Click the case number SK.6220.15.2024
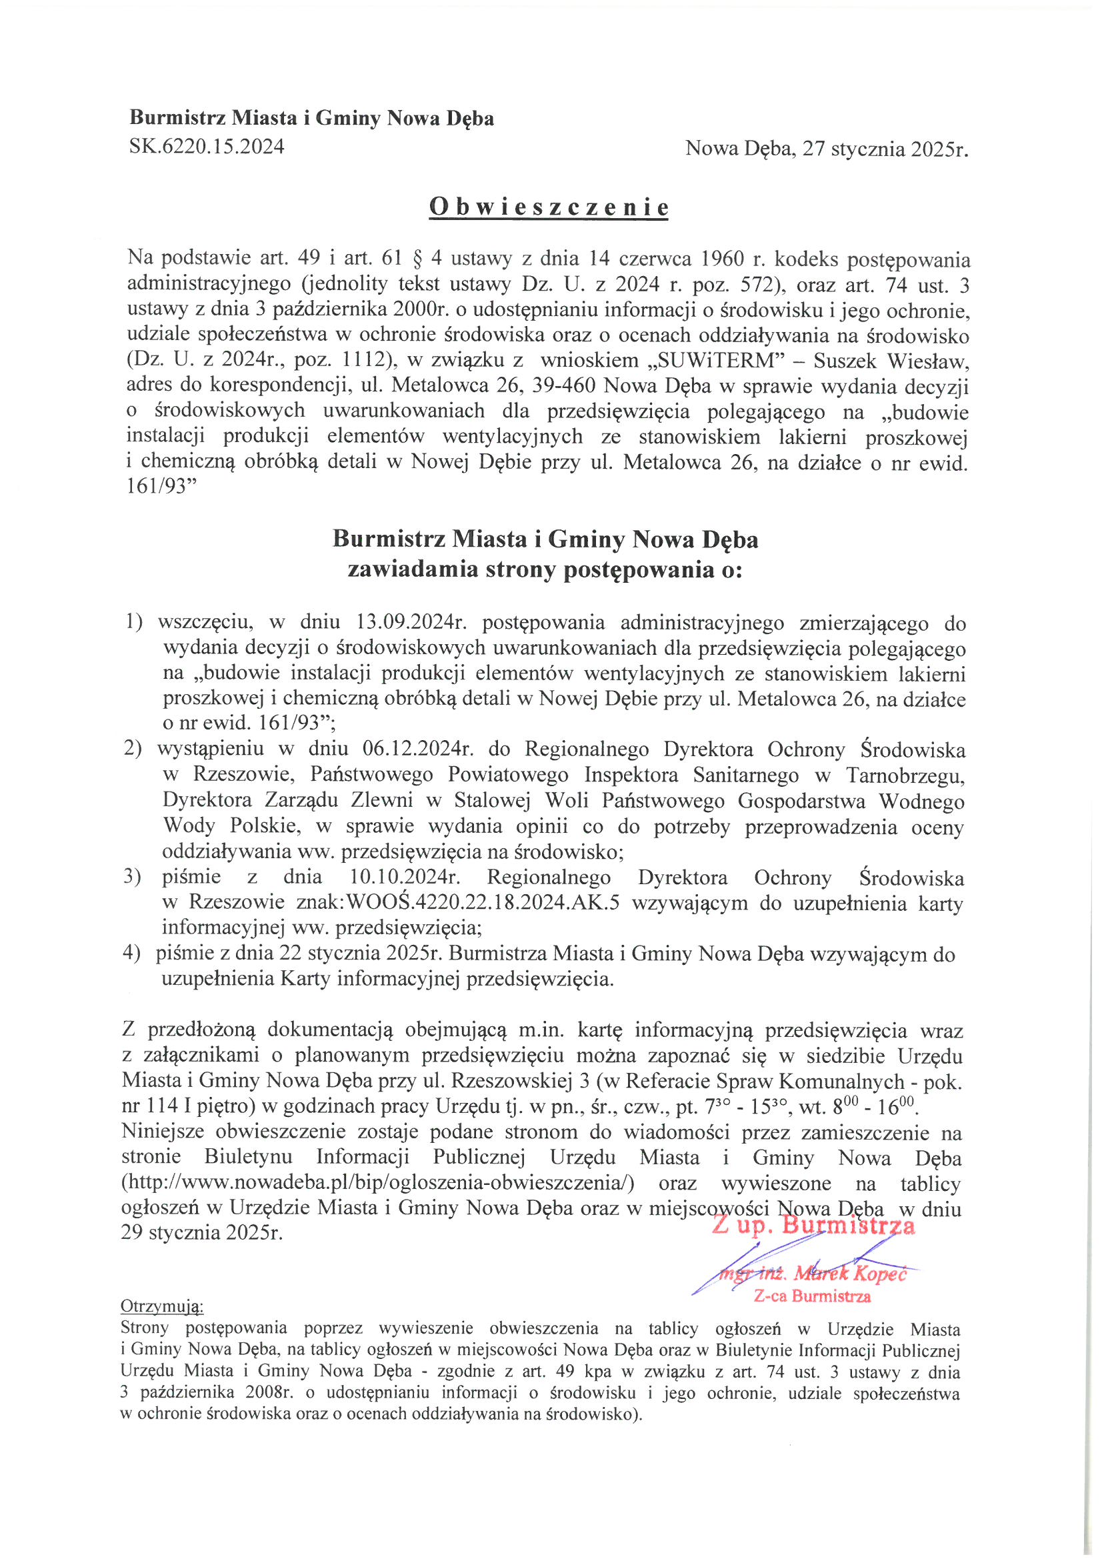207,147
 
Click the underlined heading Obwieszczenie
549,207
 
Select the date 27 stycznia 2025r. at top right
885,149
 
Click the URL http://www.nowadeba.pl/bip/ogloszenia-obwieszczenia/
377,1183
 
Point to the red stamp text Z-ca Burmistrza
812,1296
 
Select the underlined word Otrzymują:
161,1306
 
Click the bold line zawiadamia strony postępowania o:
545,569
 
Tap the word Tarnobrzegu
905,775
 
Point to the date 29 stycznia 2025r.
201,1232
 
